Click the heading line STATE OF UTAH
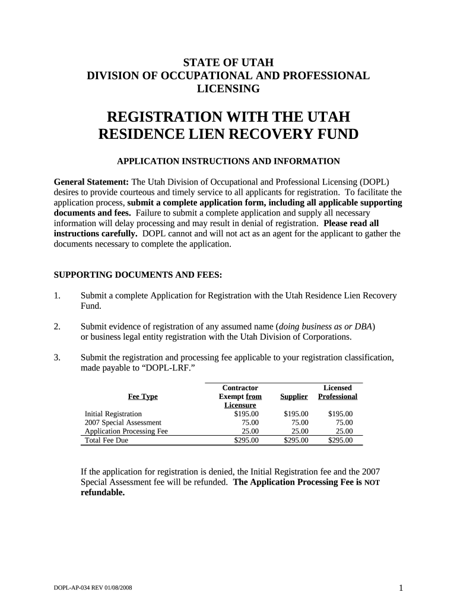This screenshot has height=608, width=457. [x=228, y=62]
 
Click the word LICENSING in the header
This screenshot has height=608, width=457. [x=228, y=88]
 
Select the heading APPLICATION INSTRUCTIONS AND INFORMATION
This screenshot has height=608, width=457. [x=228, y=161]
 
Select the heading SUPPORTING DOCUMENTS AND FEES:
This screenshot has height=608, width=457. [x=138, y=275]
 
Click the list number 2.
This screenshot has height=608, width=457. [x=58, y=327]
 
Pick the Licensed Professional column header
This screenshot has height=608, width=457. [x=337, y=392]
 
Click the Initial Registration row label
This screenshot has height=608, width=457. [x=113, y=414]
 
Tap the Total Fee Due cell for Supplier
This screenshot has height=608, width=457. [x=296, y=441]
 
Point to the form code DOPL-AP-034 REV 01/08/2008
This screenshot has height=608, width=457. [x=92, y=588]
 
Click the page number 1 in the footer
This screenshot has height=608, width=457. [x=401, y=588]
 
